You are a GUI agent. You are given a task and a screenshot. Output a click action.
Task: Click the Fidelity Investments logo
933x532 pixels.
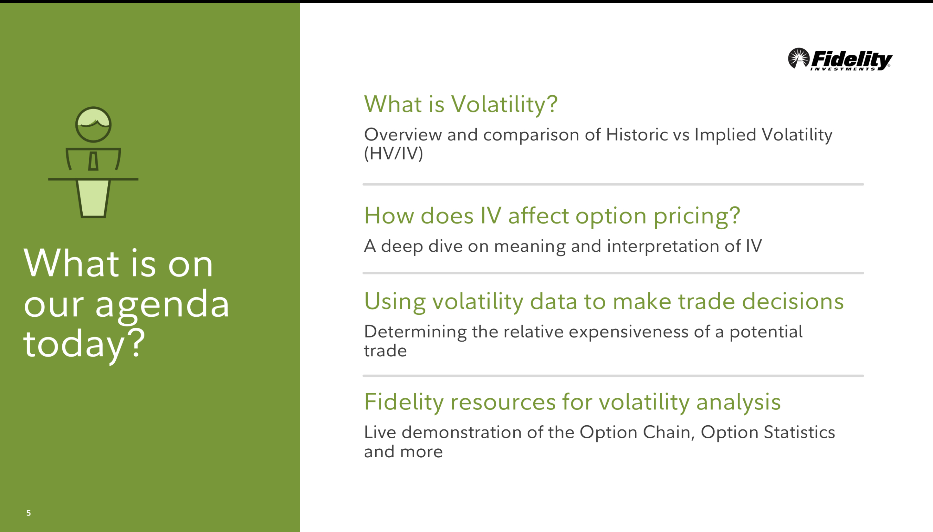(840, 59)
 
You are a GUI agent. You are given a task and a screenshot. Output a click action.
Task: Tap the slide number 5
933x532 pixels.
(29, 513)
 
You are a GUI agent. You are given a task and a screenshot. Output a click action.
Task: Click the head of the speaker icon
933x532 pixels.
(93, 124)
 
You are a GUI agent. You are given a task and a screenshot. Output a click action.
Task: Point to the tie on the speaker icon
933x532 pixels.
(93, 161)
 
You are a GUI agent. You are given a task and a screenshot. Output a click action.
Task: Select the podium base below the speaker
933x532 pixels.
(93, 198)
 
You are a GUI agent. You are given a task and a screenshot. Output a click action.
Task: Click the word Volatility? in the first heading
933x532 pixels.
(504, 104)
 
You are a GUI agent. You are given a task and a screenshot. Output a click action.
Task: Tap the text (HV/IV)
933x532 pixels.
(394, 154)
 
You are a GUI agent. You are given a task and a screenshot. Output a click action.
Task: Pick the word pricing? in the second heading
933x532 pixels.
(696, 216)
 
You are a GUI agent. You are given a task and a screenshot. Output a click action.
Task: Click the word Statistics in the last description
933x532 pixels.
(799, 432)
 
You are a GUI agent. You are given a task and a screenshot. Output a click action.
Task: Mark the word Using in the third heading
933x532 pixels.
(395, 303)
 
